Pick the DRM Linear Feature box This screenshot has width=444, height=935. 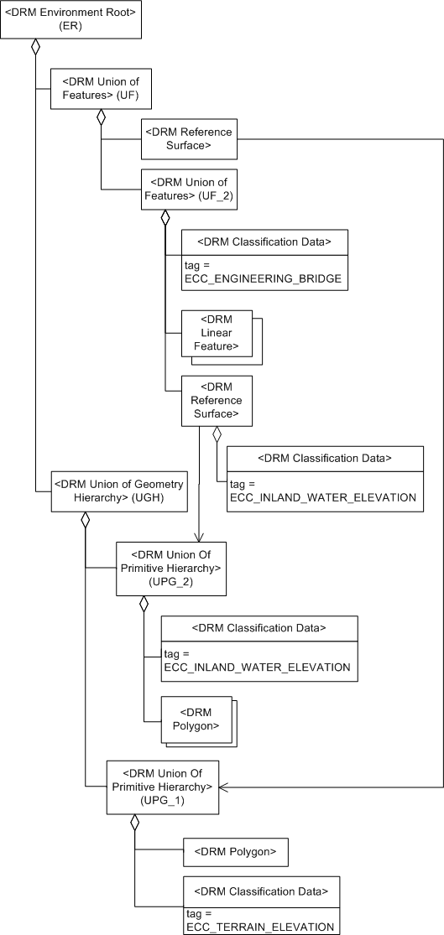tap(218, 333)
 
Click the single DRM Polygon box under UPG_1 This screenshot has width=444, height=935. tap(236, 851)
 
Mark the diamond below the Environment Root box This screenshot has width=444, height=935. tap(35, 47)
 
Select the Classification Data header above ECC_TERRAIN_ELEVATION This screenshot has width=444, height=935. tap(262, 890)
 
